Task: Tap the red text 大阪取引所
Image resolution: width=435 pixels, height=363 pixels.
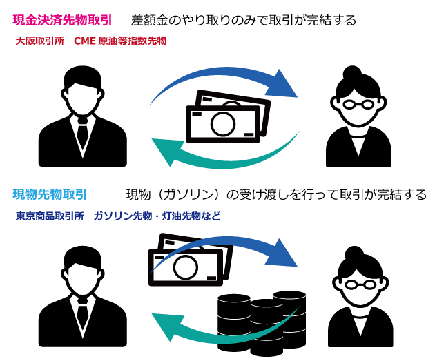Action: click(39, 41)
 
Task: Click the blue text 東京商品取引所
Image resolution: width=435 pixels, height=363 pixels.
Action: click(49, 216)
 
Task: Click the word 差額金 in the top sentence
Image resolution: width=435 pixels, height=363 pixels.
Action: click(149, 21)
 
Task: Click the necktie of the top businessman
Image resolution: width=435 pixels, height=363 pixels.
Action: click(83, 134)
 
